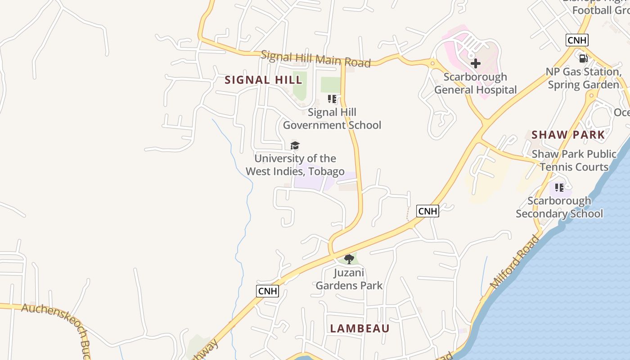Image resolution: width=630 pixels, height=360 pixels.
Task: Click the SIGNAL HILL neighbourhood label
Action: tap(263, 80)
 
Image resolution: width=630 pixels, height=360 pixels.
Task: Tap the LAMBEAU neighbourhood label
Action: tap(360, 328)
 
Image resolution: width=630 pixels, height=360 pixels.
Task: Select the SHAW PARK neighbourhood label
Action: tap(568, 135)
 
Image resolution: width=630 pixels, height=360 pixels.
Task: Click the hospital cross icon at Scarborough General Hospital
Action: tap(475, 63)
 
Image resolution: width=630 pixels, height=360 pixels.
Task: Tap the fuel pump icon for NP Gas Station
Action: tap(583, 58)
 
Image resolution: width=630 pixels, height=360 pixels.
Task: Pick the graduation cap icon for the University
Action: tap(295, 145)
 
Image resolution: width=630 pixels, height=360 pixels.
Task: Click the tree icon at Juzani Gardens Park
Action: tap(349, 259)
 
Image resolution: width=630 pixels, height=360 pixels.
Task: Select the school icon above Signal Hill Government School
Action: tap(332, 99)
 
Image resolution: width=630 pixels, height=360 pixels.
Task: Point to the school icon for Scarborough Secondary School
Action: tap(559, 187)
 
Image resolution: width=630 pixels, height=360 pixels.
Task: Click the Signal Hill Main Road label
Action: tap(315, 58)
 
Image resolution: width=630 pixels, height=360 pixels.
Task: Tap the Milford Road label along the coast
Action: tap(514, 262)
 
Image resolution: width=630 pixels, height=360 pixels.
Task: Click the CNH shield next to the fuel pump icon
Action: tap(577, 40)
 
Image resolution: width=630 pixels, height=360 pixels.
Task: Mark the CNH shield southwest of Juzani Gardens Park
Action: tap(268, 291)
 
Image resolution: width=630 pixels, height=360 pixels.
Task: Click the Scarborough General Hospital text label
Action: tap(475, 83)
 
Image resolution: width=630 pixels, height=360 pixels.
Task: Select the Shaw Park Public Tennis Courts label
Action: tap(574, 160)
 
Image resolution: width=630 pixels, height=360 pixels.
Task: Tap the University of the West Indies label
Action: tap(295, 165)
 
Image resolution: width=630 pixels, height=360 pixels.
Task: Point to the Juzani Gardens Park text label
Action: tap(349, 279)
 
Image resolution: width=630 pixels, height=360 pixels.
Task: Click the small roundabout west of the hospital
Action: tap(432, 63)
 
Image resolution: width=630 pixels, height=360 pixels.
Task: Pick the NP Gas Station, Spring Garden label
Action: tap(583, 78)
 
